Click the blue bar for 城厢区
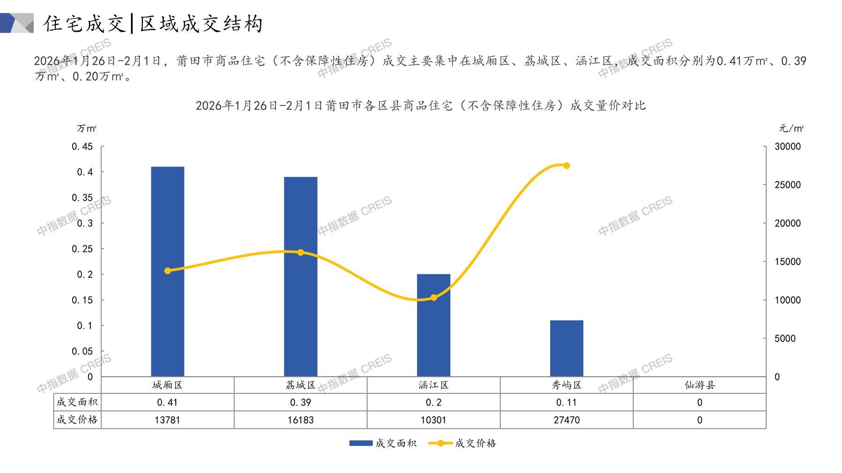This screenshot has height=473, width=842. coord(167,272)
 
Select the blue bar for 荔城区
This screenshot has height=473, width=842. coord(300,276)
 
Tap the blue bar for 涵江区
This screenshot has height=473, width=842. coord(433,325)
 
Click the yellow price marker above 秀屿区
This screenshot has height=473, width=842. coord(566,165)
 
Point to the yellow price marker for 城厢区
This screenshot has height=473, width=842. coord(168,271)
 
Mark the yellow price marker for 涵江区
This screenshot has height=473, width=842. coord(433,297)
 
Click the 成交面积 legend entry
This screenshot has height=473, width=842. coord(383,443)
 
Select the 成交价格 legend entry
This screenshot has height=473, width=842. coord(463,443)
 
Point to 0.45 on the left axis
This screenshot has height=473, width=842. coord(82,147)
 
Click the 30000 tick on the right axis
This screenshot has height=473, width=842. coord(788,147)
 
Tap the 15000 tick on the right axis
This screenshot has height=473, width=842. coord(788,262)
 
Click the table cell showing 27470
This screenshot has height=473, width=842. coord(566,420)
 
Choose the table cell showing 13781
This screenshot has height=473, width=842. coord(167,420)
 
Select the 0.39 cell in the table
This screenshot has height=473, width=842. coord(300,402)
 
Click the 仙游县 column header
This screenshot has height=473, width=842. coord(700,385)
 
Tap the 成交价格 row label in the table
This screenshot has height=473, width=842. coord(77,420)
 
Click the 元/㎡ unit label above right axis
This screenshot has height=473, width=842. coord(791,128)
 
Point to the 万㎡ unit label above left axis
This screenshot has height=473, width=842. coord(87,128)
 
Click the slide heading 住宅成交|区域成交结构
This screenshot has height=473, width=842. coord(153,24)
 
